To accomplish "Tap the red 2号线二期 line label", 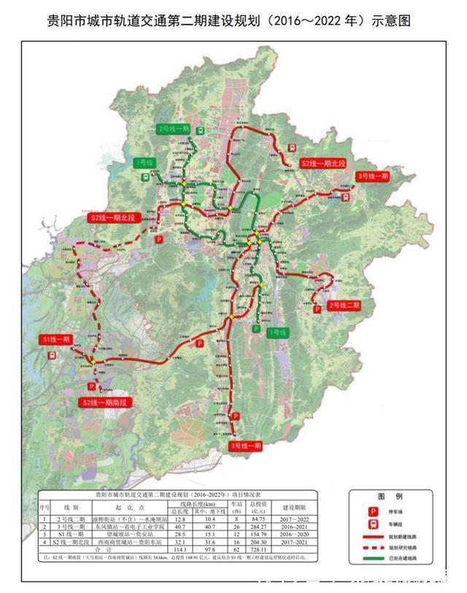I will point(344,304).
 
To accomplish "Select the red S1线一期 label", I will point(56,339).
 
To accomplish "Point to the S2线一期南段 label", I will point(104,402).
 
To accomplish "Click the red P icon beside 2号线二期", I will point(318,309).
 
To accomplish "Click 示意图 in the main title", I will point(390,21).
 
